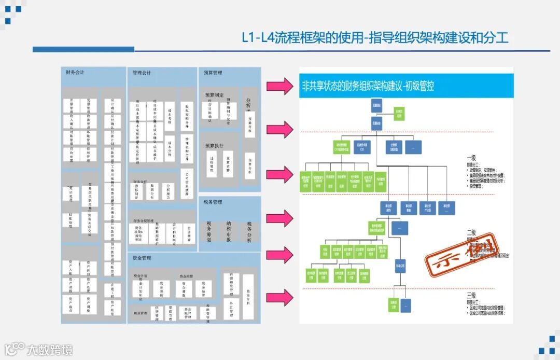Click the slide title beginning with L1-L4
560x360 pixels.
coord(375,38)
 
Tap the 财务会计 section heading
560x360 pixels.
coord(75,73)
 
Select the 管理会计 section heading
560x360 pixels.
coord(142,73)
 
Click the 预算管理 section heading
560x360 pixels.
coord(213,73)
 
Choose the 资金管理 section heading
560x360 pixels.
coord(142,258)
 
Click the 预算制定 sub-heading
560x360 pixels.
coord(214,95)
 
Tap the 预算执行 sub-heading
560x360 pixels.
coord(214,146)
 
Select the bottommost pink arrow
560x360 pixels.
coord(280,297)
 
